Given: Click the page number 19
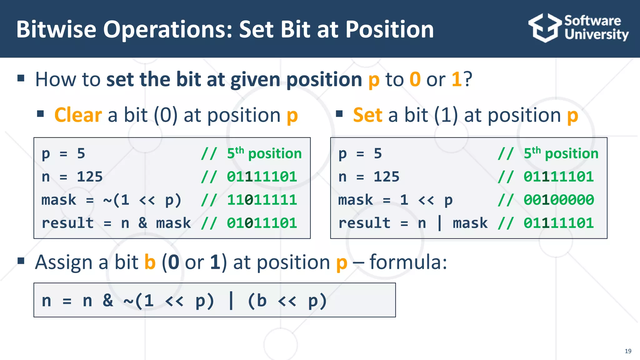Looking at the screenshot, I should point(628,351).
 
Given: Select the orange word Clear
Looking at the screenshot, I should point(78,115).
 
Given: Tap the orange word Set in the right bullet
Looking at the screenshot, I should point(367,115).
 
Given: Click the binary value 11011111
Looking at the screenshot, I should point(262,200).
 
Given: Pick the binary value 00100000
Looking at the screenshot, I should point(559,200).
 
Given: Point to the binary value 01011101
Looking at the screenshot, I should point(262,223).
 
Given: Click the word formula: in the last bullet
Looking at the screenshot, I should point(408,262).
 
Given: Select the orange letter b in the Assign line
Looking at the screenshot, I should point(150,262).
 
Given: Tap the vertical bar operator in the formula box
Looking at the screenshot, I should point(231,301).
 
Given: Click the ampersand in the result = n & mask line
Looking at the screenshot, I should point(143,223).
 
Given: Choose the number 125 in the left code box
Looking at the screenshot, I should point(90,177).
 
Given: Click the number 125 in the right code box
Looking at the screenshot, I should point(387,177).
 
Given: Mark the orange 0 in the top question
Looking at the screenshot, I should point(415,79).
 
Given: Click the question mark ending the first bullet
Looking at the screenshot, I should point(467,79).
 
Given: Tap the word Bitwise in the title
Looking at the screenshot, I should point(56,29).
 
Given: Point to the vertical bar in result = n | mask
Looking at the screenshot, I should point(440,223).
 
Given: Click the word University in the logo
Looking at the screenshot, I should point(596,34).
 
